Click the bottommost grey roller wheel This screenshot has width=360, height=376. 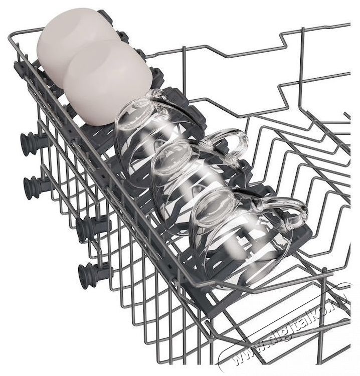click(x=88, y=273)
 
